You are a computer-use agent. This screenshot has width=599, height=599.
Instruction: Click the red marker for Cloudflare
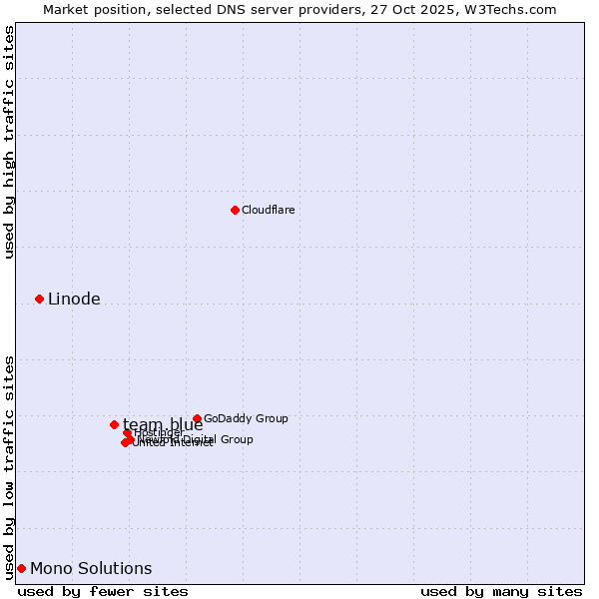pos(235,210)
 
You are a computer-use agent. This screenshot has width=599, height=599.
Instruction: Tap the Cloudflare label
pos(268,210)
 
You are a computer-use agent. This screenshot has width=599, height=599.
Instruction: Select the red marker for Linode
pos(40,299)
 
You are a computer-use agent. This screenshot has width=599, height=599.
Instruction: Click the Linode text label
pos(74,299)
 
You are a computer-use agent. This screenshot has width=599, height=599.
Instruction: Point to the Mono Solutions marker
pos(21,568)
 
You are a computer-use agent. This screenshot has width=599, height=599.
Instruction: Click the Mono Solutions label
pos(91,569)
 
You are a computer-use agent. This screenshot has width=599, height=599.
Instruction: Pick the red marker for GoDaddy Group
pos(197,418)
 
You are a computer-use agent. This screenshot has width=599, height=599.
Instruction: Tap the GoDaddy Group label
pos(246,418)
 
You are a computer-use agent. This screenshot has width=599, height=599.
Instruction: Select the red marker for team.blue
pos(114,424)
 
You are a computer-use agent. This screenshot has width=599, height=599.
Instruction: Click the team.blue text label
pos(163,424)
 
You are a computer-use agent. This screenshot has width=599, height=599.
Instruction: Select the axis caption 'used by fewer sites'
pos(103,591)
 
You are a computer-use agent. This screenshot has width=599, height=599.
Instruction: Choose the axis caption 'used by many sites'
pos(501,591)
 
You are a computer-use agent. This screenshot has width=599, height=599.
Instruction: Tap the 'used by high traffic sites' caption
pos(9,142)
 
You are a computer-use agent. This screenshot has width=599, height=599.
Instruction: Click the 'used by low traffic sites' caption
pos(9,466)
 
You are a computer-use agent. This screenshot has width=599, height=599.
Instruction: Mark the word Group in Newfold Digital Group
pos(236,439)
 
